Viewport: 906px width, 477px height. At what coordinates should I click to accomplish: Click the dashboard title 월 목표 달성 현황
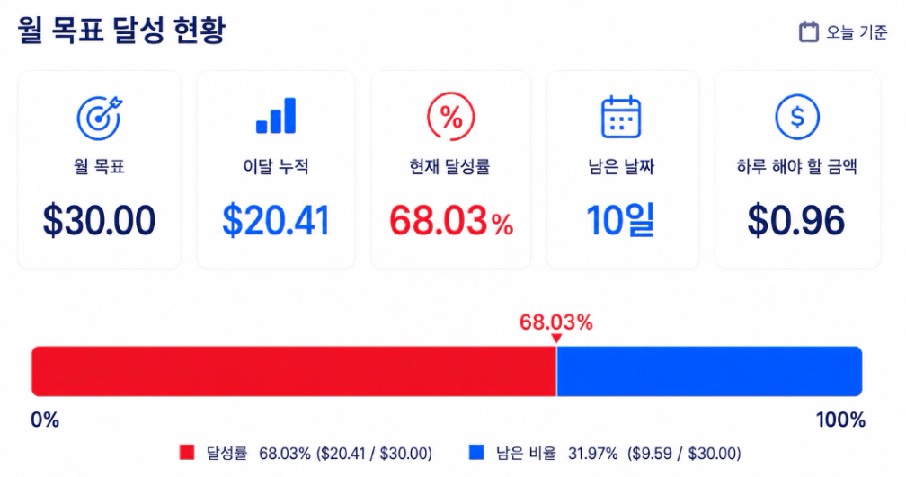click(121, 30)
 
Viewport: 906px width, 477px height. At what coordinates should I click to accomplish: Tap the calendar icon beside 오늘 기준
click(809, 31)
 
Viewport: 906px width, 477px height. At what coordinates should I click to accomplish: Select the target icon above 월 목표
click(100, 117)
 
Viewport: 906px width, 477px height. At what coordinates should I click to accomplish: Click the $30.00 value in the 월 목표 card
click(100, 221)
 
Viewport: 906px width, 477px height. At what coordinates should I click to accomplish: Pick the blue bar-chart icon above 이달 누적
click(276, 116)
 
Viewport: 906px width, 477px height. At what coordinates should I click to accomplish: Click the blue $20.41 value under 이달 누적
click(276, 221)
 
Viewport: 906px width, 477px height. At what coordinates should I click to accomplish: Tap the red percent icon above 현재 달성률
click(450, 117)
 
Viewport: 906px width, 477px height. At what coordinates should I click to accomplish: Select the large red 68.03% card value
click(451, 221)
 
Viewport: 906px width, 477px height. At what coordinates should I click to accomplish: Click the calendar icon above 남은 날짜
click(621, 117)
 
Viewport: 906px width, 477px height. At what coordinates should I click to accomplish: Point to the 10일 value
click(620, 221)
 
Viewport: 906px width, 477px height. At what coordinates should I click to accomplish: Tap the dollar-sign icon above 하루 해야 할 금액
click(797, 117)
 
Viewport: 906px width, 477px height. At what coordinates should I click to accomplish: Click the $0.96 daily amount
click(796, 221)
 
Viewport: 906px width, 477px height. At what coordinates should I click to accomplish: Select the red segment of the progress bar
click(294, 371)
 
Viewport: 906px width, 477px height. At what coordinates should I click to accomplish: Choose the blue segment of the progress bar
click(709, 371)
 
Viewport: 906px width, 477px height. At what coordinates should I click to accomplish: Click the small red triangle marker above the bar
click(555, 339)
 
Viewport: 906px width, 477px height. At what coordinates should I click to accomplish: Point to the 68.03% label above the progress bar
click(555, 322)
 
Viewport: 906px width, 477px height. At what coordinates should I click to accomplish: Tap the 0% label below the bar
click(45, 420)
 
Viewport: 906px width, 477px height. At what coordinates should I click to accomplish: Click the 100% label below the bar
click(840, 420)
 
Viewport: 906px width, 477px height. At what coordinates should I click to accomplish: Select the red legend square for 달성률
click(187, 453)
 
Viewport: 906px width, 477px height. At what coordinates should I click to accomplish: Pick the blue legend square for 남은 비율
click(476, 453)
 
